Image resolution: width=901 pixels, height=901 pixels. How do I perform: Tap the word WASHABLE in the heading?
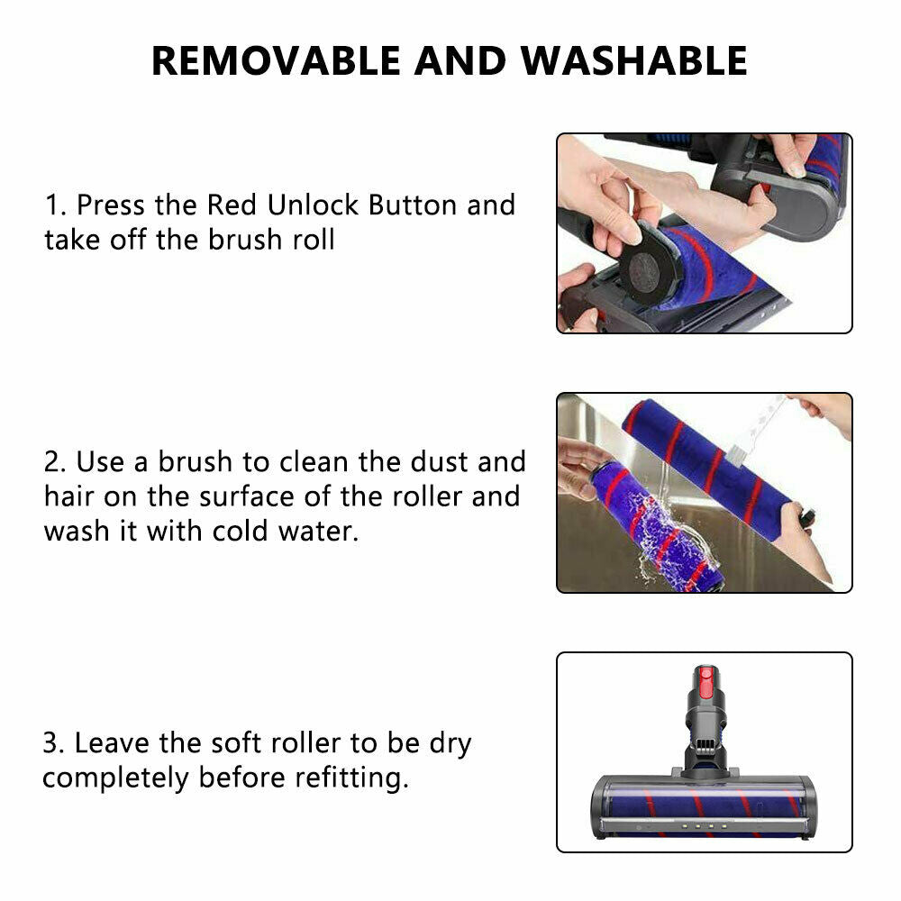tap(634, 60)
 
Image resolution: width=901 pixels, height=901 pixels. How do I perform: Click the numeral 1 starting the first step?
tap(51, 205)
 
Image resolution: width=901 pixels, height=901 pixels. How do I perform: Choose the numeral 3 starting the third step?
tap(51, 744)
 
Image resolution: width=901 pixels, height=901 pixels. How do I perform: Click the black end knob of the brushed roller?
tap(807, 517)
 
